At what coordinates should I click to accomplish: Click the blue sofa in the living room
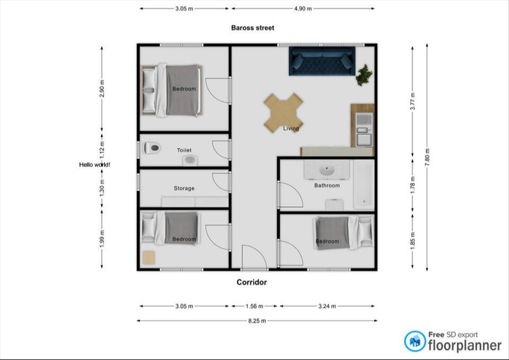pos(322,61)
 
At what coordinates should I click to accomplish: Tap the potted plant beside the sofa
pos(364,75)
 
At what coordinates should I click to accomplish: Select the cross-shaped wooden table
pos(283,113)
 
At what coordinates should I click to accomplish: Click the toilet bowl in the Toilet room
pos(152,148)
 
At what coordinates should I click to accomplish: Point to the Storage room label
pos(184,188)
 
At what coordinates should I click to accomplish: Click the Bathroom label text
pos(327,185)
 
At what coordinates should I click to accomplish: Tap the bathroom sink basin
pos(327,170)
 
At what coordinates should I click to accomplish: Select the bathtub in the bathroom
pos(364,184)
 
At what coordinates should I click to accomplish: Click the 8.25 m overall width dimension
pos(257,321)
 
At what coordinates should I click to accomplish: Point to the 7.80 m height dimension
pos(427,157)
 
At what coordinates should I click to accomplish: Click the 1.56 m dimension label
pos(254,306)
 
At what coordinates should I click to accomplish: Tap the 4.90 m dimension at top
pos(303,8)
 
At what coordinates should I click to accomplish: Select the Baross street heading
pos(253,28)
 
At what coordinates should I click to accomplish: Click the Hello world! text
pos(95,165)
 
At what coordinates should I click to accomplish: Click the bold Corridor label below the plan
pos(252,282)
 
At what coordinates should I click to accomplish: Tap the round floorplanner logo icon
pos(415,341)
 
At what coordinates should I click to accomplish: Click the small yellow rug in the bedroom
pos(149,257)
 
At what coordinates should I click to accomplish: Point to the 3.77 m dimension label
pos(413,101)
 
